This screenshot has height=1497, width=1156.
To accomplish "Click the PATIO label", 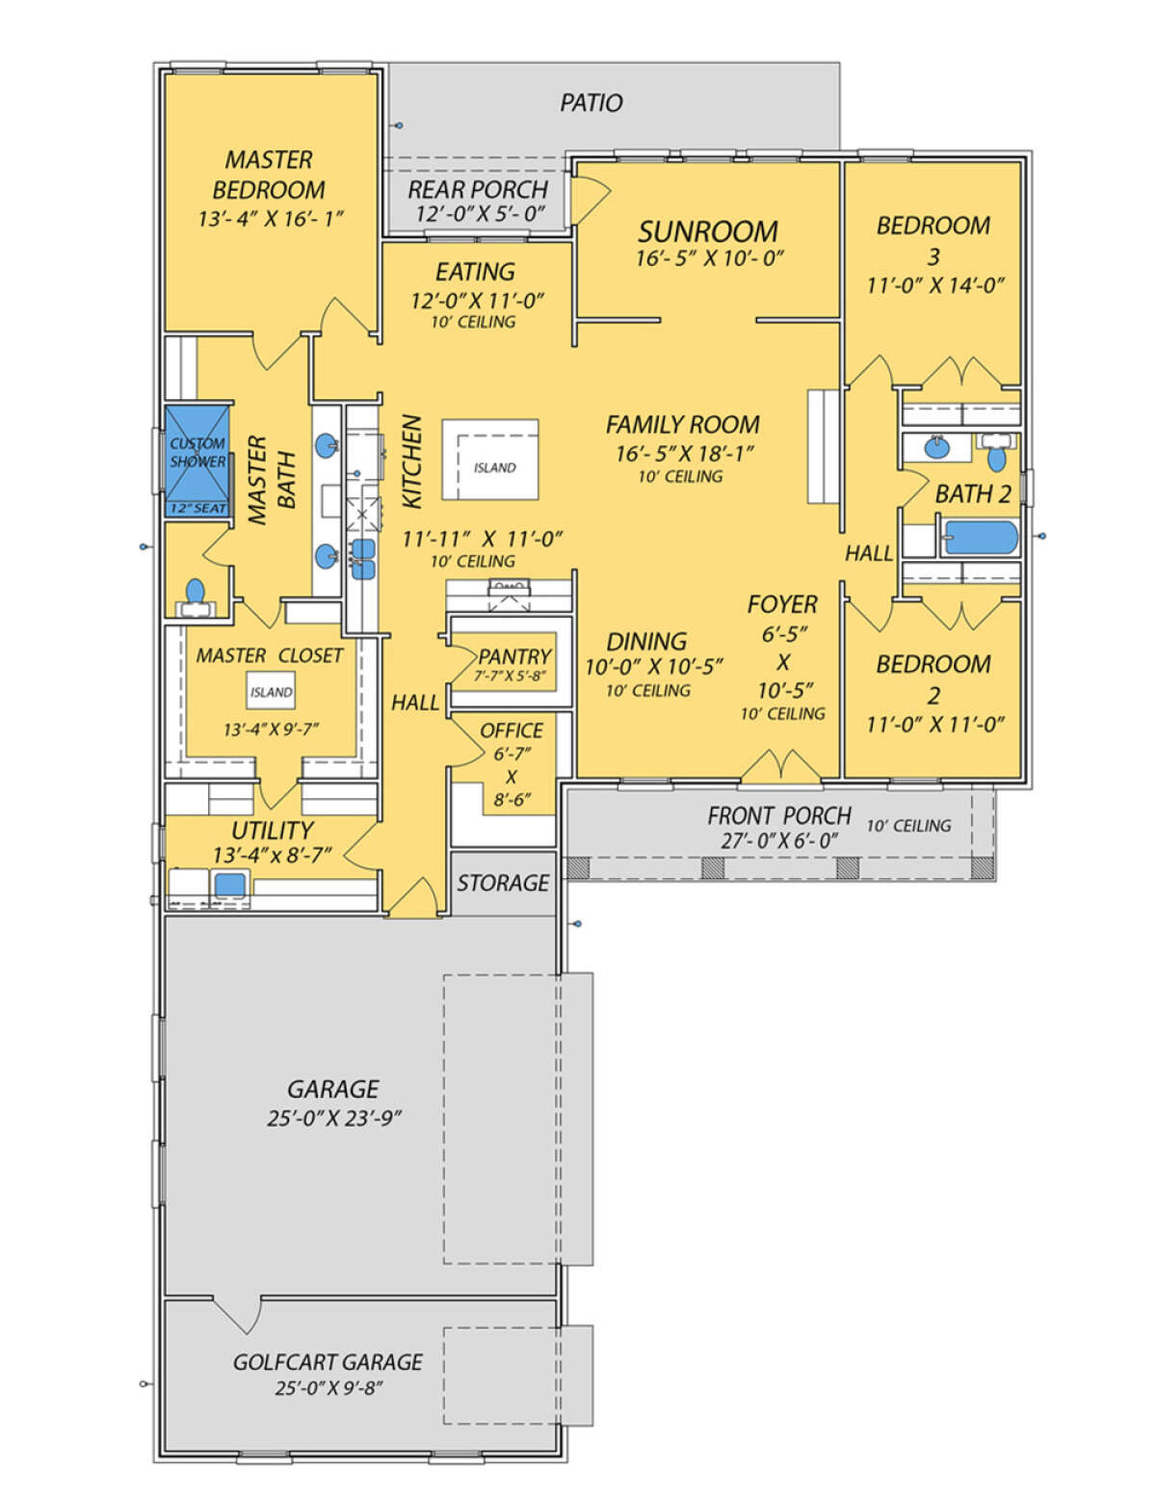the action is pyautogui.click(x=591, y=103).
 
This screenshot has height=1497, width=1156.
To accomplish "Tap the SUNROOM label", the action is pyautogui.click(x=707, y=231).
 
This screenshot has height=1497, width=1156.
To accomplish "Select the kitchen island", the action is pyautogui.click(x=489, y=460).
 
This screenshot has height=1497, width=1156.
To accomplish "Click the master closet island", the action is pyautogui.click(x=271, y=692).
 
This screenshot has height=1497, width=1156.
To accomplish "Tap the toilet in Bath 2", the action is pyautogui.click(x=995, y=451).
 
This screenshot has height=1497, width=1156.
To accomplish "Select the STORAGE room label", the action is pyautogui.click(x=503, y=883).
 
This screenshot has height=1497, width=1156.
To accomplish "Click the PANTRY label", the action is pyautogui.click(x=514, y=655).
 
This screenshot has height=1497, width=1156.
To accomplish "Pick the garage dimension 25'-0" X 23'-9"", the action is pyautogui.click(x=334, y=1117).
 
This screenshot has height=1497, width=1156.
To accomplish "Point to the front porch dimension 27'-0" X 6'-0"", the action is pyautogui.click(x=772, y=842).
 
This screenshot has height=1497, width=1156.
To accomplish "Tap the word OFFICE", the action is pyautogui.click(x=511, y=731).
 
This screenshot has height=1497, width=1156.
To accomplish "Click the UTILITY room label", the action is pyautogui.click(x=273, y=830).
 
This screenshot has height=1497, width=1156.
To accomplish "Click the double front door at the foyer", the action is pyautogui.click(x=779, y=766).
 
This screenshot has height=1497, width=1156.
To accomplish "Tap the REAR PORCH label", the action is pyautogui.click(x=478, y=190).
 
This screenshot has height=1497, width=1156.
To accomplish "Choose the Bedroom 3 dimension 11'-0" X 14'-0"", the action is pyautogui.click(x=935, y=285).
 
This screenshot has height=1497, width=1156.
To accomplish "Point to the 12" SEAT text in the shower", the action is pyautogui.click(x=198, y=508).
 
